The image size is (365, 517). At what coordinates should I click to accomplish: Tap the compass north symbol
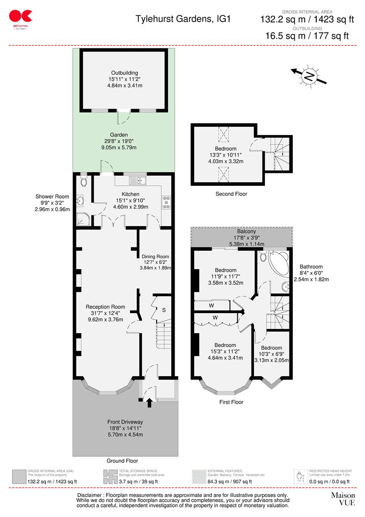coord(310,76)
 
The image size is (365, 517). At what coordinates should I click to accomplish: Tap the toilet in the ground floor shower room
coord(84,181)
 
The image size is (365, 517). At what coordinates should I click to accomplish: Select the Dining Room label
coord(155,257)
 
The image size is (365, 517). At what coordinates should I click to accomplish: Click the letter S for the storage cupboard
coord(164,310)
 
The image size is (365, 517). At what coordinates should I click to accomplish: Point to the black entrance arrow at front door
coord(149,403)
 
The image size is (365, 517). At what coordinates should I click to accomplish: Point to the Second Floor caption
coord(232,194)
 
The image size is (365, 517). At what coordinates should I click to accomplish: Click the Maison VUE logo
coord(343,499)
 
